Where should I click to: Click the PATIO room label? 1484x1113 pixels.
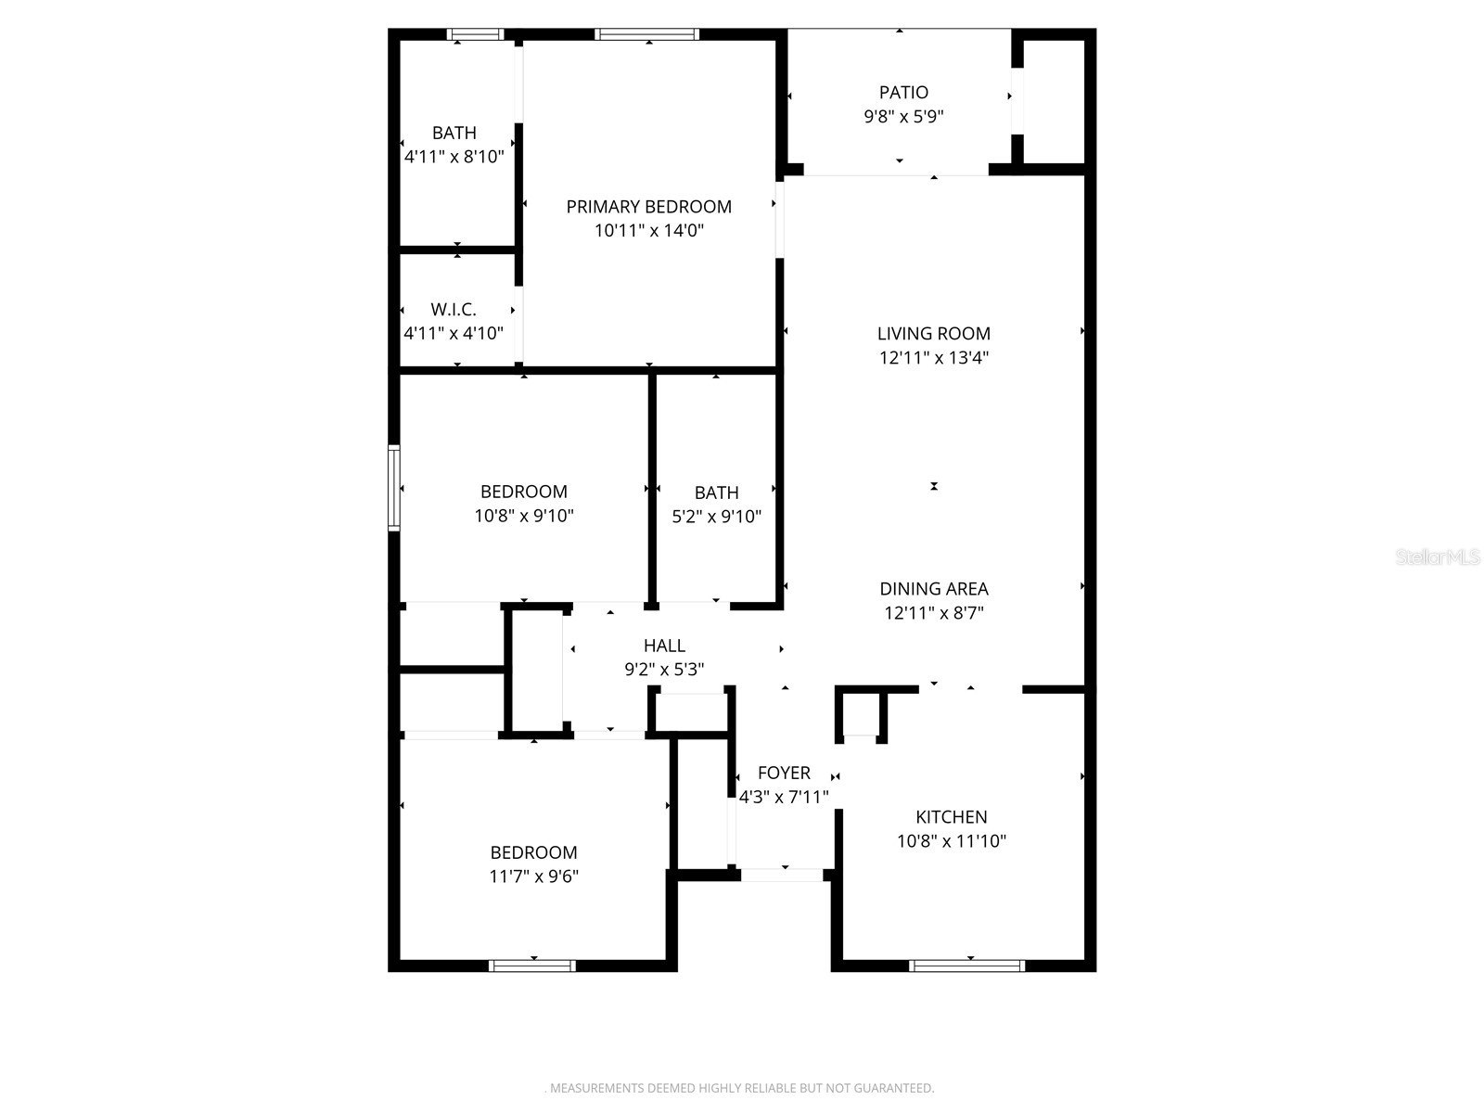(903, 93)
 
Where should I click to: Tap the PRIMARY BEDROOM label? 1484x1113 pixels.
(648, 207)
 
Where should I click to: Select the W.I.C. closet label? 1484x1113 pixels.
(454, 310)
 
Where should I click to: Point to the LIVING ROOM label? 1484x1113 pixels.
(934, 334)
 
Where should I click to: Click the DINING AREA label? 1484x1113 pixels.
(934, 589)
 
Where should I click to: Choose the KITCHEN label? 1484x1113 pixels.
(951, 817)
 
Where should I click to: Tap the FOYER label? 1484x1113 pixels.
(784, 773)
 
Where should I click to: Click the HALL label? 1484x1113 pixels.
(664, 646)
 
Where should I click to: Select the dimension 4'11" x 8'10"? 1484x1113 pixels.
(454, 157)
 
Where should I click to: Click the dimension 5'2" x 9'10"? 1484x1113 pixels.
(716, 517)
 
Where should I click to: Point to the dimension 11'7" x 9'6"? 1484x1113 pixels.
(534, 876)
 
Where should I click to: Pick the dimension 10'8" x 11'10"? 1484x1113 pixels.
(951, 841)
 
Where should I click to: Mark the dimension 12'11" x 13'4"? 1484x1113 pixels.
(934, 358)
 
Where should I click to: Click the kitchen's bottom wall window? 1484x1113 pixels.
(966, 966)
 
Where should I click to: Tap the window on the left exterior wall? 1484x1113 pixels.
(394, 488)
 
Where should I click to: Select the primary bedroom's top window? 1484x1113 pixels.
(646, 35)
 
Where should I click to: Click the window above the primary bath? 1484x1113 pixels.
(475, 35)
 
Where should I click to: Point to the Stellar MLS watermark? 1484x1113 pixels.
(1438, 557)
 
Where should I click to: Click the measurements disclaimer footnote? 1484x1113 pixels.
(739, 1087)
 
